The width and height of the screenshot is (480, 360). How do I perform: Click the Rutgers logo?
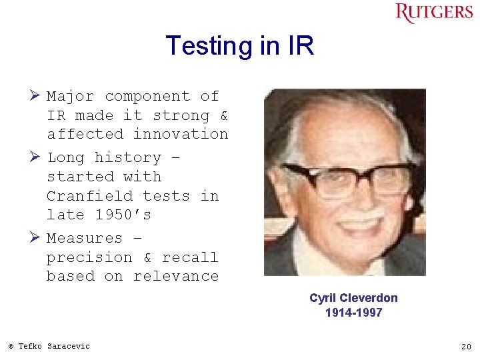(435, 13)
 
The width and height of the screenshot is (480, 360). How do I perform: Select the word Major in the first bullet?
(71, 97)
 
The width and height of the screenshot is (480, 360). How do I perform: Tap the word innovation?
(181, 134)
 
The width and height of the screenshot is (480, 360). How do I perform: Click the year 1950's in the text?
(123, 215)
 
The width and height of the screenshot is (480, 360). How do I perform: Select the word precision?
(89, 257)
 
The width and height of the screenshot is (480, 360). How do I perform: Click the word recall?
(190, 257)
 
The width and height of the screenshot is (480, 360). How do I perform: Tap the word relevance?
(176, 276)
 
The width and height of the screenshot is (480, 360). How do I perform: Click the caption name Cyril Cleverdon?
(353, 298)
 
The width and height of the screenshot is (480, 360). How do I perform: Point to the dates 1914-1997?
(353, 313)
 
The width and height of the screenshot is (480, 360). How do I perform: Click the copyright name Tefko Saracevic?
(53, 346)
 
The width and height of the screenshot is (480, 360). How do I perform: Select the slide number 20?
(466, 347)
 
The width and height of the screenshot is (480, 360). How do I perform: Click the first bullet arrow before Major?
(37, 97)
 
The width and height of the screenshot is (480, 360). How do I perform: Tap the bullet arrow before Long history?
(37, 158)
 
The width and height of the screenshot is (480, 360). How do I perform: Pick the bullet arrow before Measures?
(37, 238)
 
